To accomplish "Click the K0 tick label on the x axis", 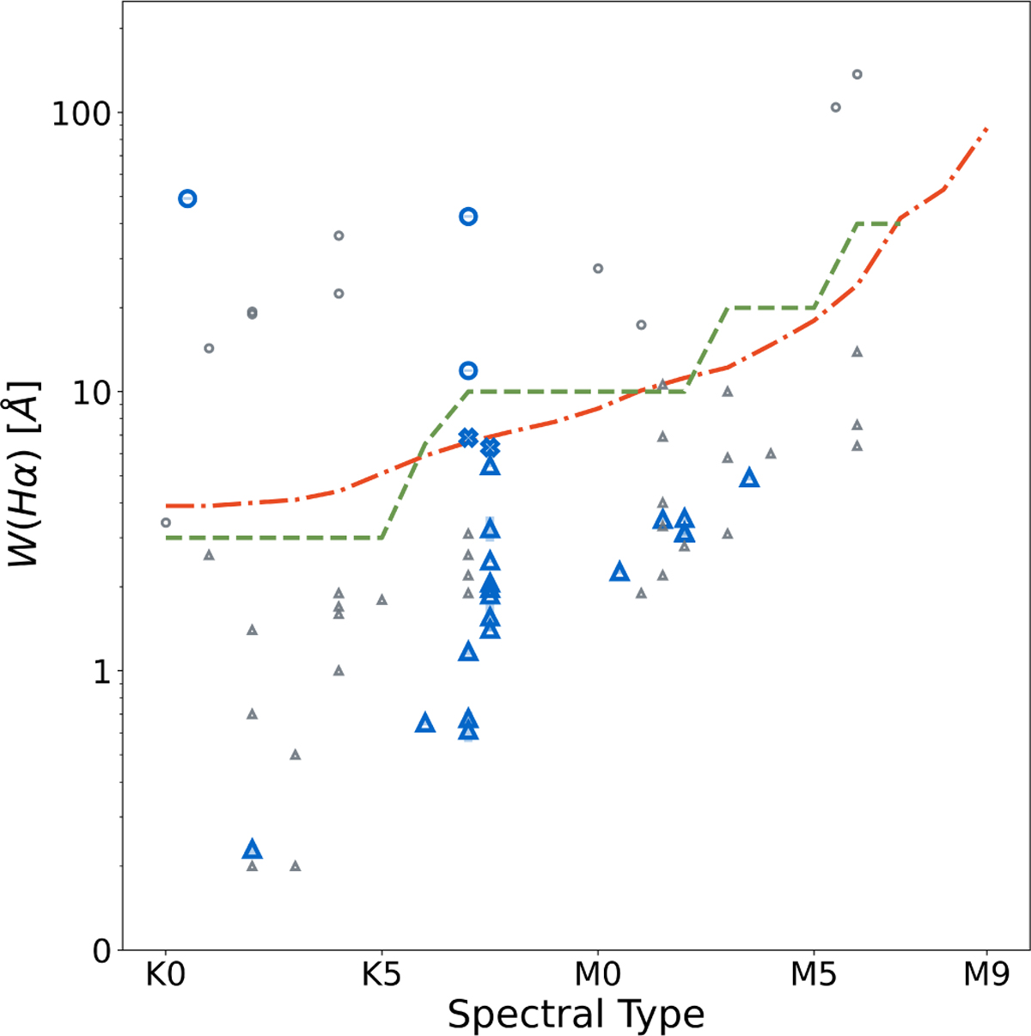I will [x=165, y=977].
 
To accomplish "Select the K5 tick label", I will [x=381, y=977].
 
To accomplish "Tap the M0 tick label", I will [x=597, y=977].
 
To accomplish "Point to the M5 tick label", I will [x=814, y=977].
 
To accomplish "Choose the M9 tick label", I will [x=986, y=977].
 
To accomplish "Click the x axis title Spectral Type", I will [x=576, y=1015].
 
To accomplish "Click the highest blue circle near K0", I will [x=187, y=198].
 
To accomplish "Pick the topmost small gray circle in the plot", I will [x=857, y=75].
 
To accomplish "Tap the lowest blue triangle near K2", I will [x=252, y=850].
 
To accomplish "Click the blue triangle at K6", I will [x=424, y=722].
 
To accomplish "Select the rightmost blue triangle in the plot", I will [x=749, y=478].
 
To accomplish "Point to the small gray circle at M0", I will [x=598, y=269].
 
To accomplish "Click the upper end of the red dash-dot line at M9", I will [x=987, y=129].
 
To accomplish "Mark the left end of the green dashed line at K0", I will [x=167, y=538].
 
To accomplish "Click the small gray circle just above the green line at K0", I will [x=166, y=522].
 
